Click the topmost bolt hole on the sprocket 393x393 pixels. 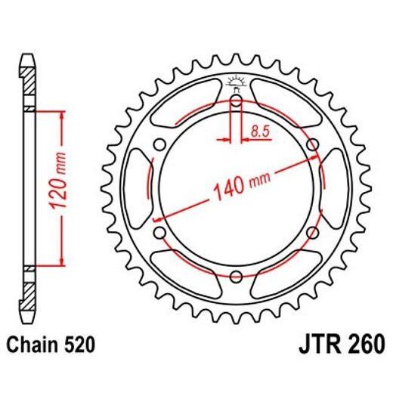236,101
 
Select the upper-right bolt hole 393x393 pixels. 311,144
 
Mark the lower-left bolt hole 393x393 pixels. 160,231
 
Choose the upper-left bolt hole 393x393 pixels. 160,144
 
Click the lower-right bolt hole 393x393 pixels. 311,231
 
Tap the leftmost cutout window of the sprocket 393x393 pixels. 139,188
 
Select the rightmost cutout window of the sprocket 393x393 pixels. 333,188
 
